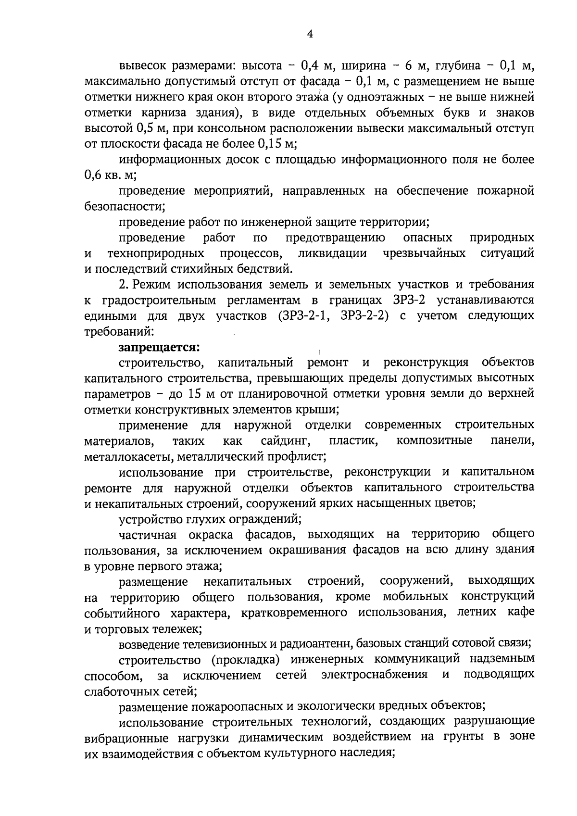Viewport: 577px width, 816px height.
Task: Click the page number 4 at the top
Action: click(x=310, y=34)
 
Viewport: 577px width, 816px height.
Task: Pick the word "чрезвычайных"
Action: click(x=424, y=253)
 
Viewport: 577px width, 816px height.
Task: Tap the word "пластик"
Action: click(x=353, y=441)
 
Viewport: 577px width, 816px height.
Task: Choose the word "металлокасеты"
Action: click(x=121, y=456)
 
